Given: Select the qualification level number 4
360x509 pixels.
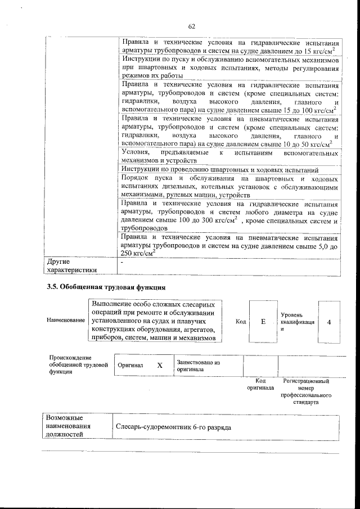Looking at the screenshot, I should click(x=329, y=321).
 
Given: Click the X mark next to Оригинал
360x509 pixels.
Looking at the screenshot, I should click(x=159, y=365).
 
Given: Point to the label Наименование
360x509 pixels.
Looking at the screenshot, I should click(x=66, y=320).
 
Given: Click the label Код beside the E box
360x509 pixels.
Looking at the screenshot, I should click(x=241, y=321).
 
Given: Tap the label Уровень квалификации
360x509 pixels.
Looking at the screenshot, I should click(x=296, y=322).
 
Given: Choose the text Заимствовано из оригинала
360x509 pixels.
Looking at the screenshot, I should click(x=198, y=366).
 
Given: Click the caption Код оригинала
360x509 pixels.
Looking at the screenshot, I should click(x=260, y=385).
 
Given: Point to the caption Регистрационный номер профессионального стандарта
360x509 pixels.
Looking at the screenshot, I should click(x=305, y=392).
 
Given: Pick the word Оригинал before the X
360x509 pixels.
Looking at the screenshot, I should click(x=130, y=366).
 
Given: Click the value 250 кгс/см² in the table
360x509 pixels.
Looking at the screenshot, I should click(x=138, y=254).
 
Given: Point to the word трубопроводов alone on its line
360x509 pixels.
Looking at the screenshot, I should click(x=144, y=229).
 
